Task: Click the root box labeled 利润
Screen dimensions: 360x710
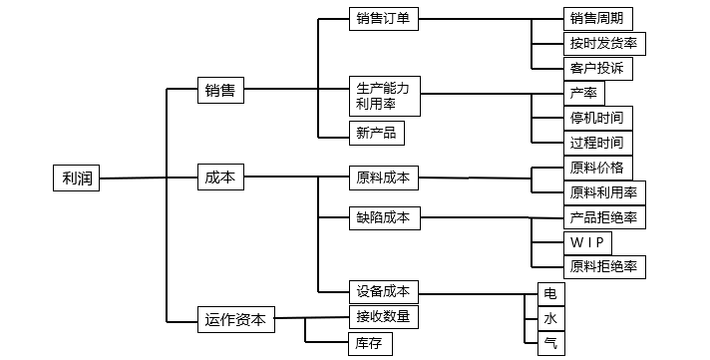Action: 75,179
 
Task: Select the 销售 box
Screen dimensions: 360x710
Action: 220,91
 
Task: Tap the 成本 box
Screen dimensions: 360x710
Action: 220,178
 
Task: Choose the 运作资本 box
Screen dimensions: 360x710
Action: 235,319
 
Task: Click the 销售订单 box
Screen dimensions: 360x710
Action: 382,19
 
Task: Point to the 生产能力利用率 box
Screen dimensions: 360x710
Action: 382,97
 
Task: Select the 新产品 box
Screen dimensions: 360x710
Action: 376,133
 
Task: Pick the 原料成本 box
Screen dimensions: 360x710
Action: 382,179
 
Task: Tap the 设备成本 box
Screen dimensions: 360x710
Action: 382,291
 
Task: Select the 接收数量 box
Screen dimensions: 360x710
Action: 382,317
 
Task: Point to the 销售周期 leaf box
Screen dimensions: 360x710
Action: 597,19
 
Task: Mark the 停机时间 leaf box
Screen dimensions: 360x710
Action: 597,118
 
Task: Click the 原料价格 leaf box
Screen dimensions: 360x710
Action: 597,167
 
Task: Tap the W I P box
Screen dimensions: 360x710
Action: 586,242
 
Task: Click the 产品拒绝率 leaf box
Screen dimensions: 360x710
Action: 603,217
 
